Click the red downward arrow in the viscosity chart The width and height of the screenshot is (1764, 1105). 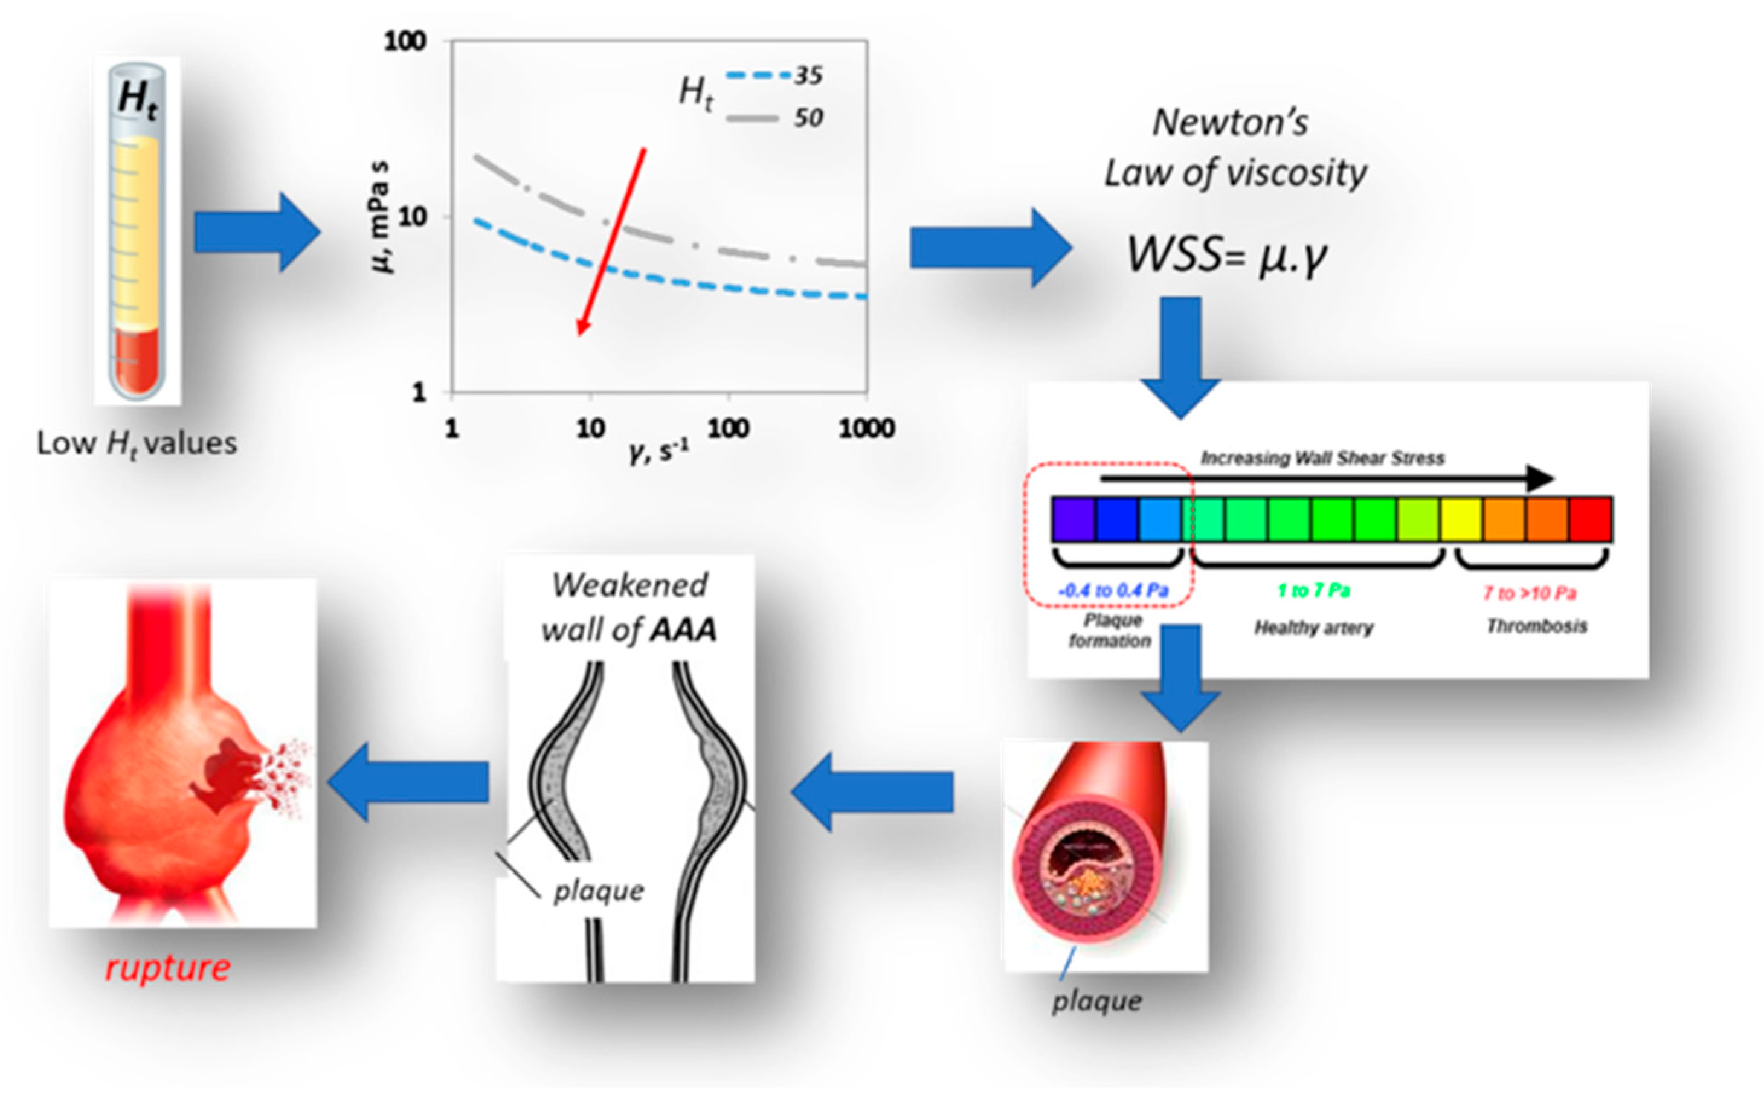(611, 241)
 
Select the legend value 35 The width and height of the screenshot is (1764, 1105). (808, 76)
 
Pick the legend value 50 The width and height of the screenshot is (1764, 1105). (808, 118)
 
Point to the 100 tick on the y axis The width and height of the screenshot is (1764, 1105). (405, 41)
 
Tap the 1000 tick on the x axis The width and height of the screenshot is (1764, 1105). (867, 428)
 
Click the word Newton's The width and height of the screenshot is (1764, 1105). (1231, 122)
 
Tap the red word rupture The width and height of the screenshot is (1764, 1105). (168, 968)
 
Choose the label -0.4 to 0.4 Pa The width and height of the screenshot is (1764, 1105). (1113, 590)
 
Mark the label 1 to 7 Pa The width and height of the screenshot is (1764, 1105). (1313, 590)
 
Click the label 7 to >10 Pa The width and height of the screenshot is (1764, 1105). (1530, 593)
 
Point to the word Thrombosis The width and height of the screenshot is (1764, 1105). (1537, 627)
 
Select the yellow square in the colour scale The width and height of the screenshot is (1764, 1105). (1461, 519)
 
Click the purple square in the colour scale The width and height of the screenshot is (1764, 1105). (1073, 519)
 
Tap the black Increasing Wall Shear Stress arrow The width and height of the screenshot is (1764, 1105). (1326, 478)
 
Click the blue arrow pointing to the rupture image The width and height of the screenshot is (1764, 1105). (408, 781)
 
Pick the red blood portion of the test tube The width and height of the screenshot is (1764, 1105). (137, 362)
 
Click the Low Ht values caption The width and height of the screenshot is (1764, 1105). (137, 443)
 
